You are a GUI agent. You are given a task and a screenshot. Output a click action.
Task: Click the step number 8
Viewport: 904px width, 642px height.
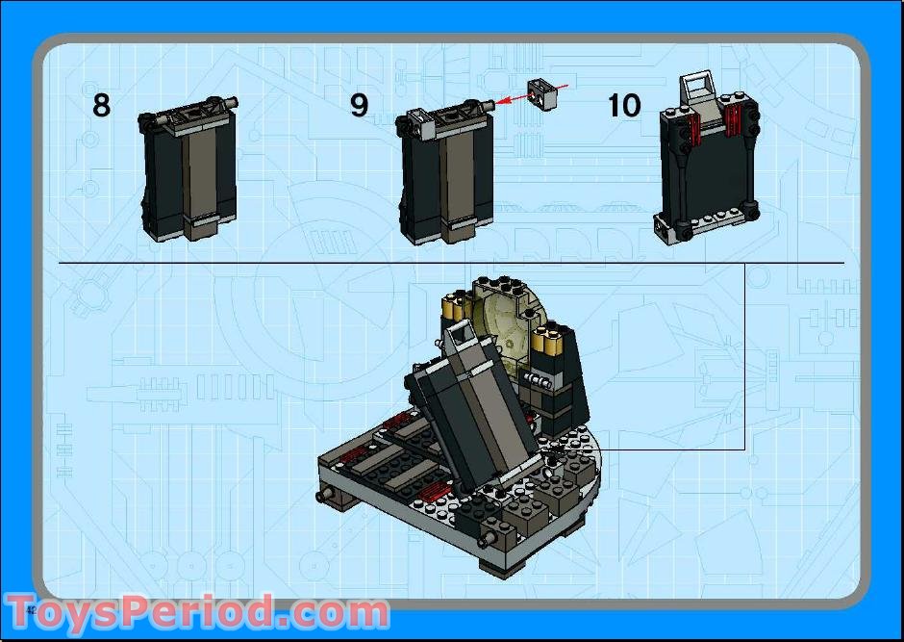pyautogui.click(x=101, y=105)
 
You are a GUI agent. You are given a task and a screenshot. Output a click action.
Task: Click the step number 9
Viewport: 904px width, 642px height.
pyautogui.click(x=359, y=105)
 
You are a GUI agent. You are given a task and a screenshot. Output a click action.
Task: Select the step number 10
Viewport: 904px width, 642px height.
pyautogui.click(x=623, y=105)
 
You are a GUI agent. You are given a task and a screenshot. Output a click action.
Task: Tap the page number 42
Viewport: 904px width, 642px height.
pyautogui.click(x=31, y=609)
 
